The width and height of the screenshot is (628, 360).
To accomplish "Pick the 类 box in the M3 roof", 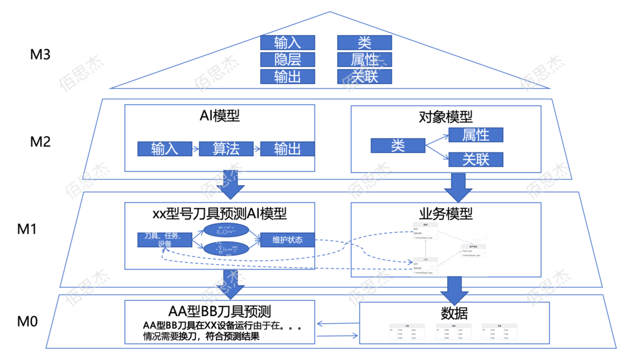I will [x=364, y=43].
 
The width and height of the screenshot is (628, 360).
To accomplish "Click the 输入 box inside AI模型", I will [x=165, y=149].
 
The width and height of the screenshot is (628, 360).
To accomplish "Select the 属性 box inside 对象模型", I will [x=475, y=135].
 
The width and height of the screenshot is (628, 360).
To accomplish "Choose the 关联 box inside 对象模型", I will [x=475, y=159].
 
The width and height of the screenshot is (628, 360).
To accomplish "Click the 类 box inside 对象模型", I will [x=398, y=146].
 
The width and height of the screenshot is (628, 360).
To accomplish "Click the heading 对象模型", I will [x=445, y=117].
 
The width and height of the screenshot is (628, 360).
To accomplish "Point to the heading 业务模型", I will [x=445, y=214].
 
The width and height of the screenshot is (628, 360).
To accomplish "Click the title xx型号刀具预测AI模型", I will [x=219, y=213].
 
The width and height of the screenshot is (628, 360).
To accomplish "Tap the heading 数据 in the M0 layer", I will [x=454, y=313].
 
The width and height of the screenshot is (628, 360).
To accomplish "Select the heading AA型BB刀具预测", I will [x=219, y=311].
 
